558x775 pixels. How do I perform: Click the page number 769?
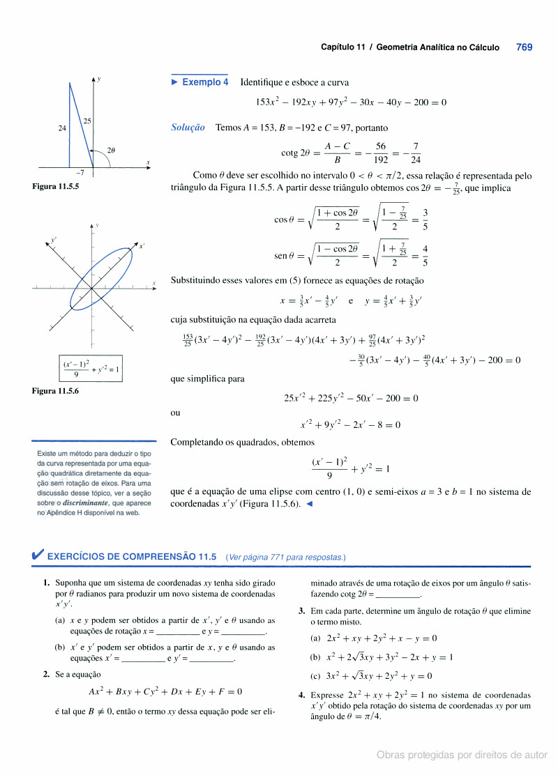coord(525,47)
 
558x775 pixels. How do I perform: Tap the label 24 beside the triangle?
coord(62,128)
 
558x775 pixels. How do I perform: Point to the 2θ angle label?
coord(111,150)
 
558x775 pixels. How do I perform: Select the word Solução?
coord(188,128)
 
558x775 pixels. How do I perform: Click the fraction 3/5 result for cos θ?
coord(425,220)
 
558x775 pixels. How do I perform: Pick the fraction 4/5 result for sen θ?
coord(425,256)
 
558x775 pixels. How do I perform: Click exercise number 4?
coord(301,695)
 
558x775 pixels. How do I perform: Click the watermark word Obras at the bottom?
coord(392,755)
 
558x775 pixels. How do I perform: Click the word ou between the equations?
coord(175,413)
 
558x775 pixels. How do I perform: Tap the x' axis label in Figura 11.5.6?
coord(142,246)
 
